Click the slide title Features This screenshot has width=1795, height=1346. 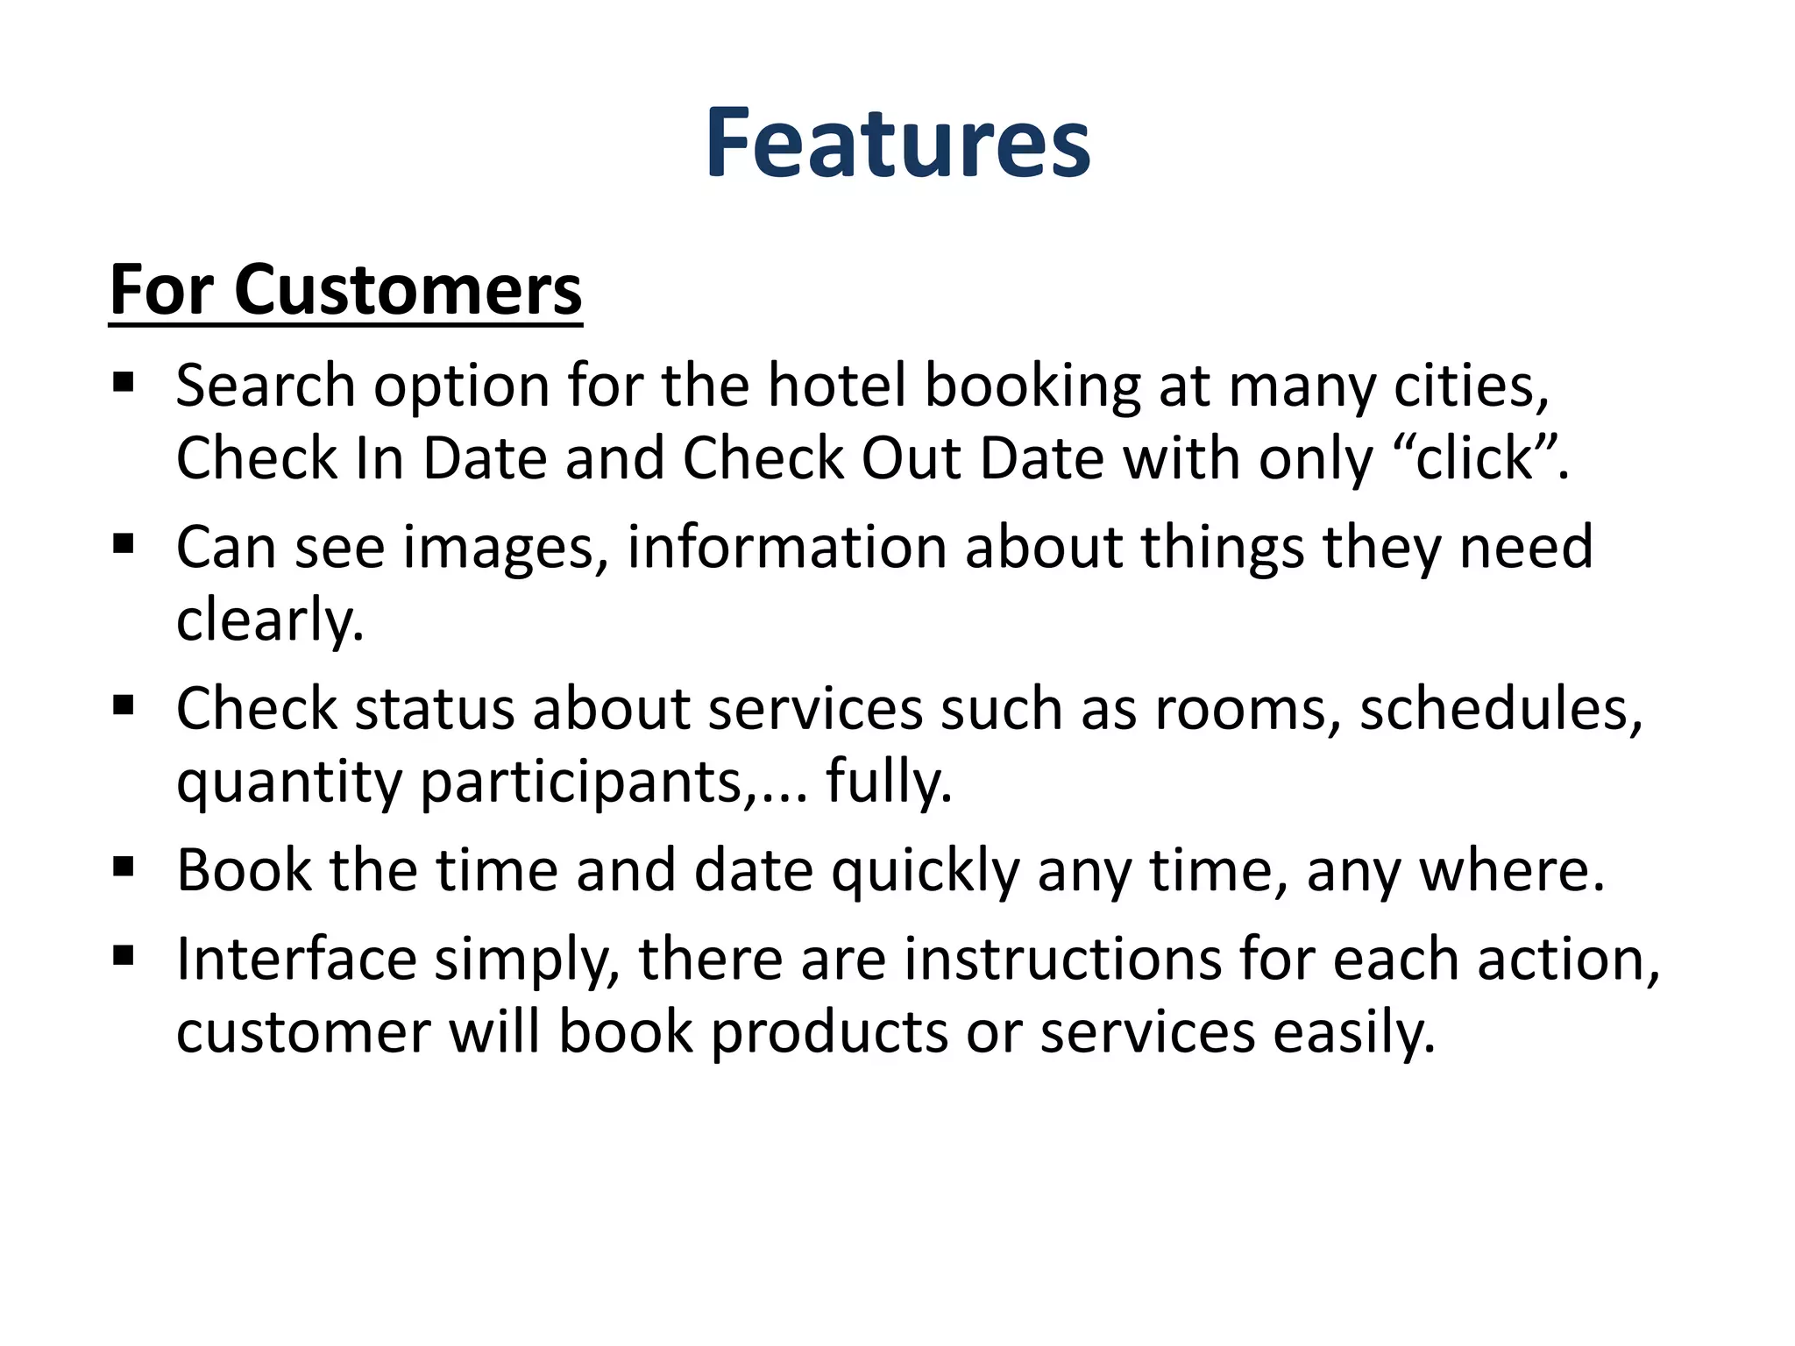point(897,143)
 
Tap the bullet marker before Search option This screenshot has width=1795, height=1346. point(124,382)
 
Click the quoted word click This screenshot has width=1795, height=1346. point(1473,458)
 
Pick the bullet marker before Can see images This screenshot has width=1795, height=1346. point(124,544)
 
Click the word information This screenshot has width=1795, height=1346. point(786,548)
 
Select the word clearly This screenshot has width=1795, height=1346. point(269,620)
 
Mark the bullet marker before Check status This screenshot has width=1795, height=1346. point(124,705)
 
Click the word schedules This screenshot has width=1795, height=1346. point(1500,709)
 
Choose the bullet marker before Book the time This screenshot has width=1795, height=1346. point(124,868)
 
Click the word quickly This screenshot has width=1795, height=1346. point(926,871)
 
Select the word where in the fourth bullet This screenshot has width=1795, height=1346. point(1510,871)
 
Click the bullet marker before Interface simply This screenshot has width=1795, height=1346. point(124,955)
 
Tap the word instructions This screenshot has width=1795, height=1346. point(1062,959)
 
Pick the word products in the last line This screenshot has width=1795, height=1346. point(829,1032)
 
